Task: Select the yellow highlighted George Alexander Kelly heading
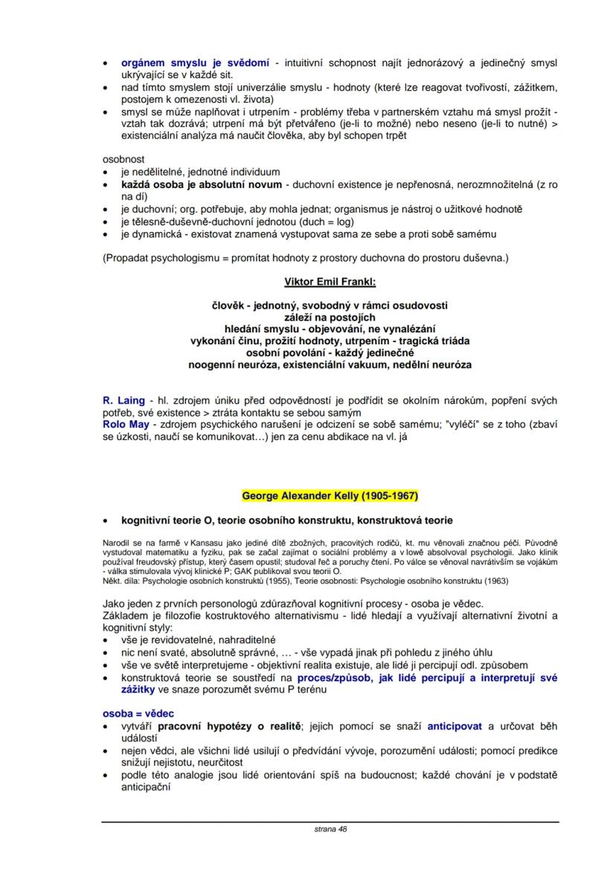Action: coord(330,495)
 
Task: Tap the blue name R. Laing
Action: coord(123,401)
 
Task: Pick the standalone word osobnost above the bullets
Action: coord(123,159)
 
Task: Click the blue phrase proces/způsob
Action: coord(331,677)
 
